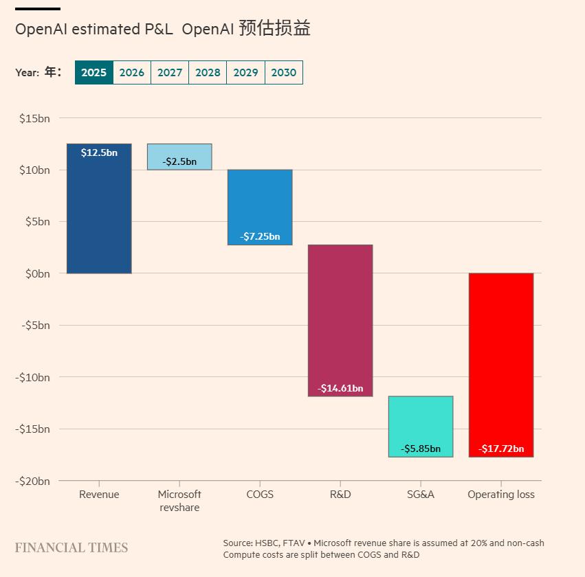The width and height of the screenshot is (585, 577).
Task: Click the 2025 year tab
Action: (x=93, y=73)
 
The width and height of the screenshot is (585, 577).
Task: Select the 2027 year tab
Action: (x=170, y=73)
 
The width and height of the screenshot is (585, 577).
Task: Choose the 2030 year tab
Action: (x=283, y=73)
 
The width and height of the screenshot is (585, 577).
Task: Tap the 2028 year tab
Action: (x=208, y=73)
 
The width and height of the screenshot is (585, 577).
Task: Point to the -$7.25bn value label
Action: (x=260, y=236)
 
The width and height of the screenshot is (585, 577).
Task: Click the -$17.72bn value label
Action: (x=501, y=449)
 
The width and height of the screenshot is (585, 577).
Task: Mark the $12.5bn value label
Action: (x=99, y=152)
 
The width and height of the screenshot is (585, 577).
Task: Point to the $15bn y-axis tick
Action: (x=34, y=118)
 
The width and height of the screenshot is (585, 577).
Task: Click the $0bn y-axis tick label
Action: (x=37, y=273)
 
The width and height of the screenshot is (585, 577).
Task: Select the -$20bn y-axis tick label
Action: (x=33, y=481)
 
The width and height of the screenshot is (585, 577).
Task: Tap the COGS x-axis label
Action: (x=260, y=495)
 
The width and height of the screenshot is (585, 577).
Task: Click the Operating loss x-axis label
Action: (x=501, y=495)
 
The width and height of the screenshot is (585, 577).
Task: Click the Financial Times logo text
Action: (x=71, y=547)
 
